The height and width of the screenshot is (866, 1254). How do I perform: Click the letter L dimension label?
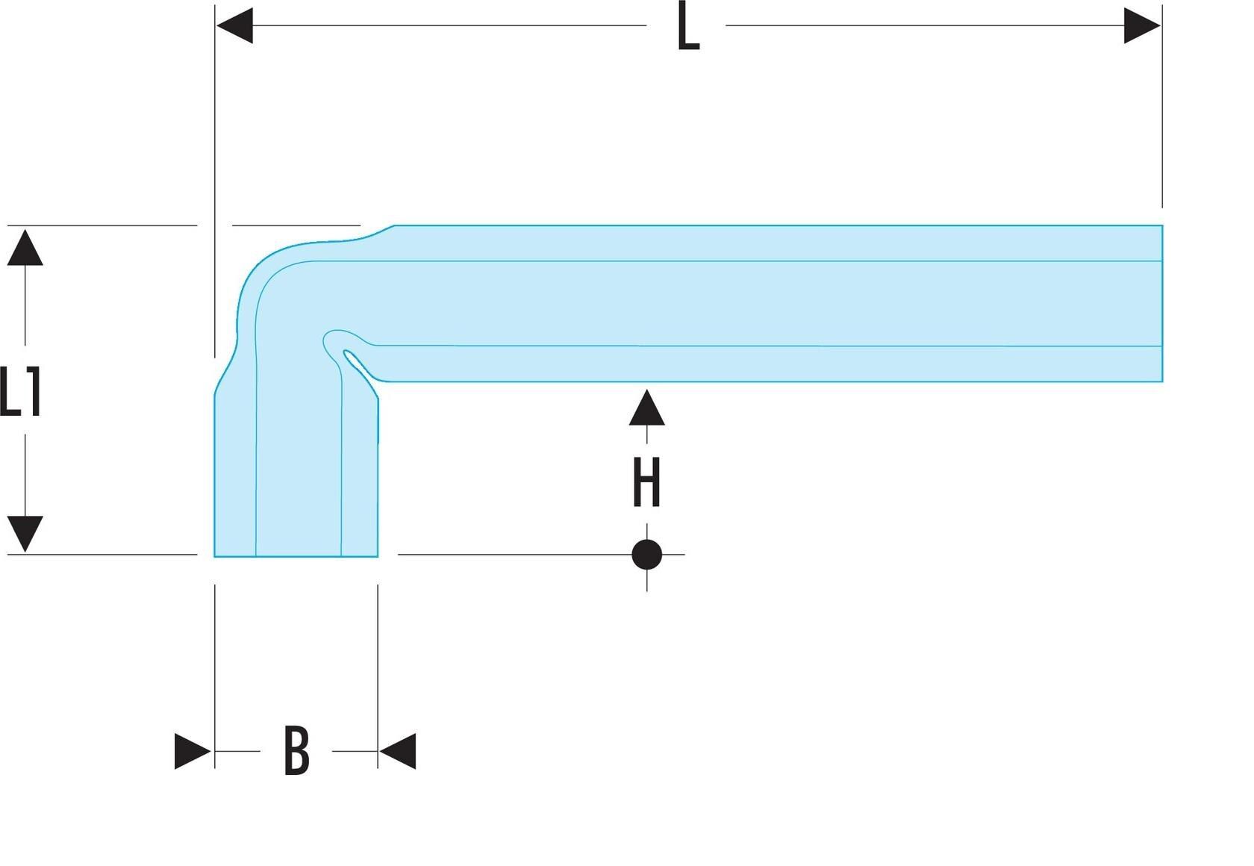click(x=688, y=25)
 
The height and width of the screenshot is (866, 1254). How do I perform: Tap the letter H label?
click(x=646, y=482)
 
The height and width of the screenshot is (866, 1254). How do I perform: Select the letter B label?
click(x=297, y=751)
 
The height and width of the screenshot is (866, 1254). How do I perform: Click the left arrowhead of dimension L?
click(x=234, y=25)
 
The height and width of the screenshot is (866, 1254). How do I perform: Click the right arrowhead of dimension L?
click(x=1142, y=25)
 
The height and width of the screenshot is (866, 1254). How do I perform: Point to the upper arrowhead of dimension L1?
click(x=25, y=247)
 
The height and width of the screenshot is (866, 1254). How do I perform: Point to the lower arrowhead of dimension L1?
click(x=25, y=534)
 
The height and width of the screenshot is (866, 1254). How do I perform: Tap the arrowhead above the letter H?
click(x=646, y=408)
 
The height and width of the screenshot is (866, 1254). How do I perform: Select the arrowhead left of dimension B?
click(x=193, y=751)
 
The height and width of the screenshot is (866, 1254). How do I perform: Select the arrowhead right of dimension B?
click(x=397, y=751)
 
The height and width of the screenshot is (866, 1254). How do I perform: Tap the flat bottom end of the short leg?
click(x=296, y=556)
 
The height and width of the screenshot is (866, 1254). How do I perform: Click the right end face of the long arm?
click(x=1162, y=303)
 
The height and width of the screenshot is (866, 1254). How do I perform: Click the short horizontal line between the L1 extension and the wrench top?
click(x=296, y=225)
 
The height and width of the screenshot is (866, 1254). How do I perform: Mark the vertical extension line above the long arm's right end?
click(x=1162, y=106)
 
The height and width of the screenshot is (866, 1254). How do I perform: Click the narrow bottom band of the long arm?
click(x=773, y=364)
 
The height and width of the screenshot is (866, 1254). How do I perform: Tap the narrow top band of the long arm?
click(x=778, y=243)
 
